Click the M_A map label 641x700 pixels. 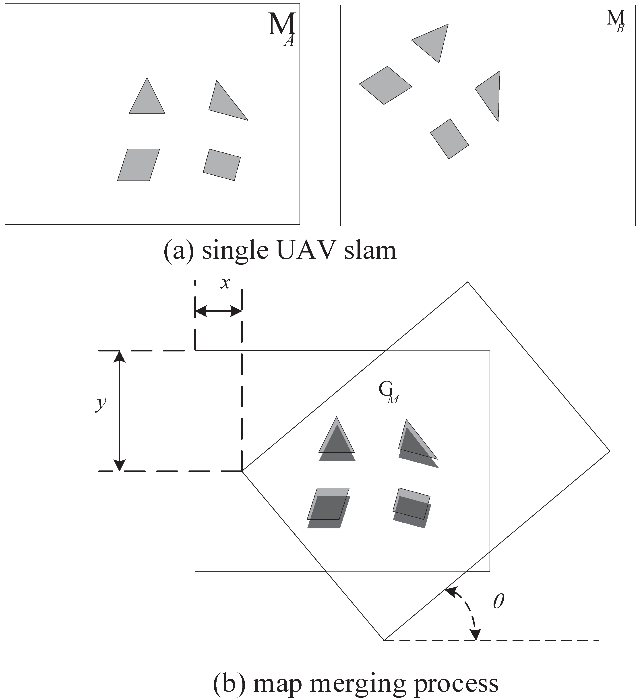pyautogui.click(x=282, y=29)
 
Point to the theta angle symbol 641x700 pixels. pyautogui.click(x=498, y=602)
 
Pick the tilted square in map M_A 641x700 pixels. pyautogui.click(x=222, y=165)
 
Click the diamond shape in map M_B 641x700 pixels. pyautogui.click(x=385, y=85)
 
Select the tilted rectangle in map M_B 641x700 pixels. pyautogui.click(x=449, y=139)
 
